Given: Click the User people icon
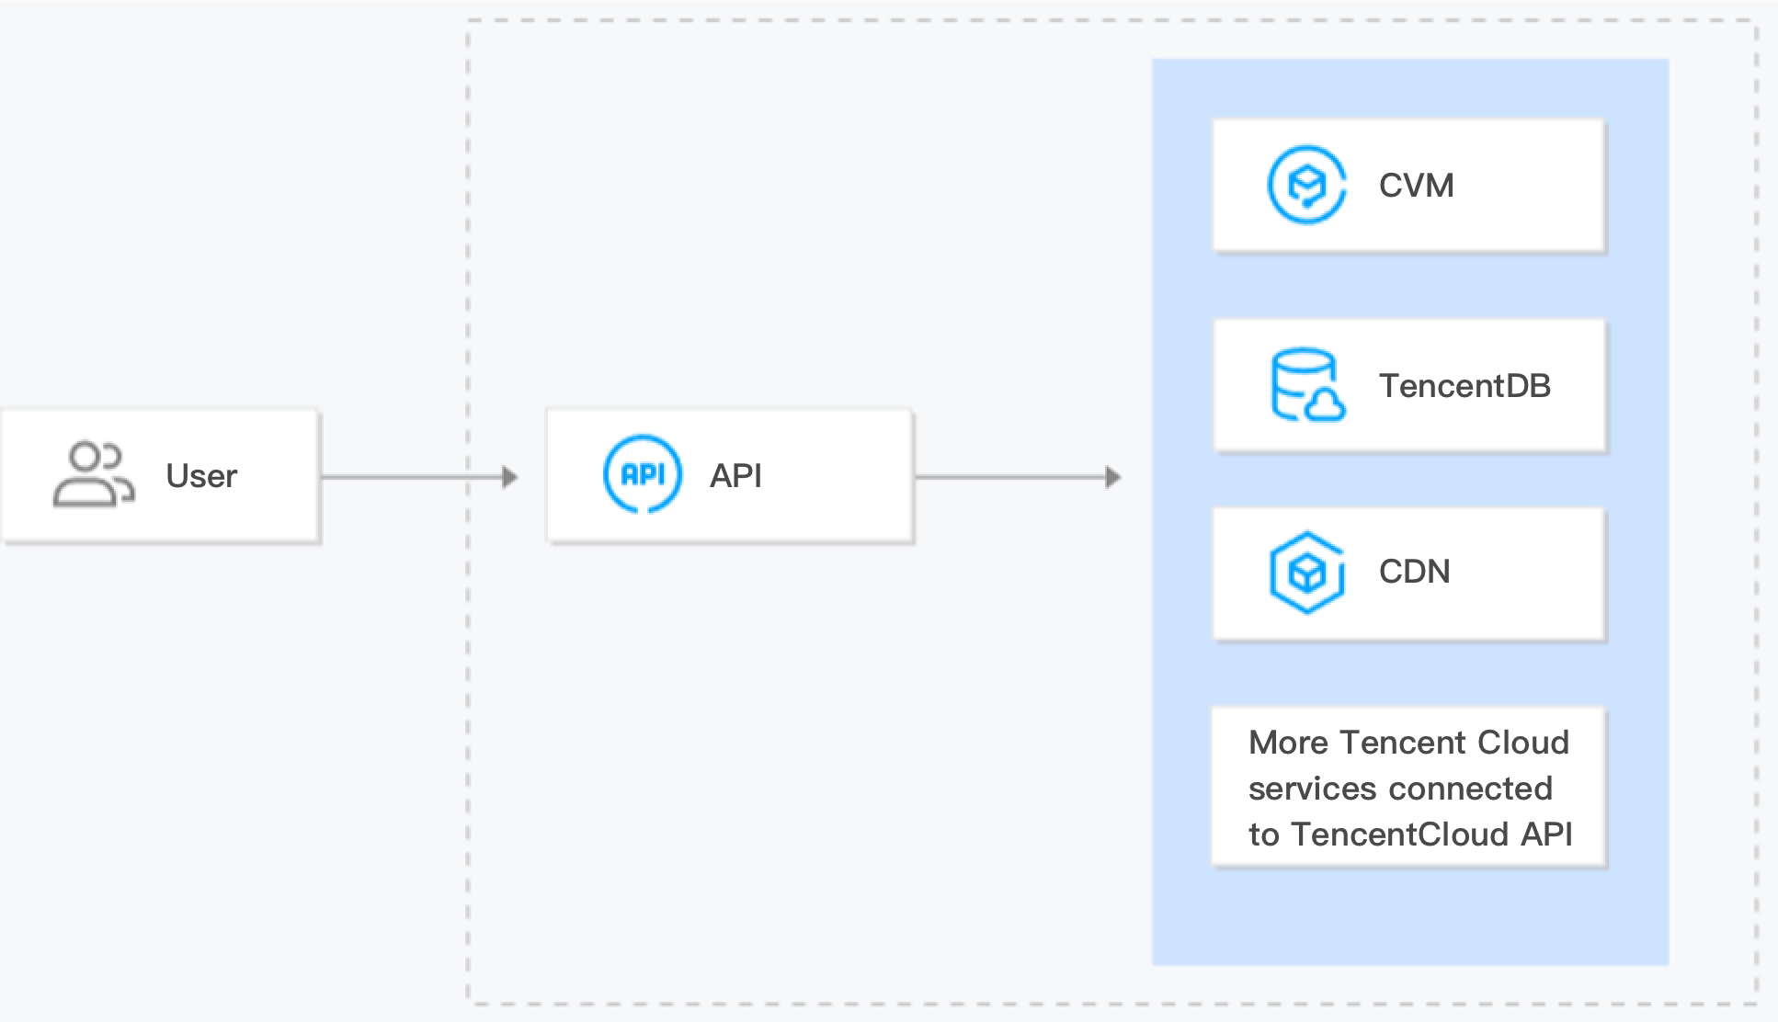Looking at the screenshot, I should click(x=93, y=475).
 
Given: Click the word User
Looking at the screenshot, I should click(x=201, y=476).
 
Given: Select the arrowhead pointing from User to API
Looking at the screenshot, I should click(x=510, y=477).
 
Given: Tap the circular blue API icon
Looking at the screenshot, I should click(x=643, y=474).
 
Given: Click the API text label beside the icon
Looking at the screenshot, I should click(x=735, y=476).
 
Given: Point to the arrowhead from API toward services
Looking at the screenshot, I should click(x=1112, y=477).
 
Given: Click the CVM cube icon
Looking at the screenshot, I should click(x=1306, y=185).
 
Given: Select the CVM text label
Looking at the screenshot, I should click(x=1416, y=186).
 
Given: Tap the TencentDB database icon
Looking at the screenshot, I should click(x=1306, y=385).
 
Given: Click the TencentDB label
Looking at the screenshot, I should click(x=1464, y=386).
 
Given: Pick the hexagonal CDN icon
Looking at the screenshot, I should click(x=1306, y=573).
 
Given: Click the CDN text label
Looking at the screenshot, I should click(x=1414, y=572).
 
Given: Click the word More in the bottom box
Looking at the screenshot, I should click(x=1288, y=743).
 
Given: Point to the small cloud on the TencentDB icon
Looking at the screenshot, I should click(x=1325, y=405).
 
